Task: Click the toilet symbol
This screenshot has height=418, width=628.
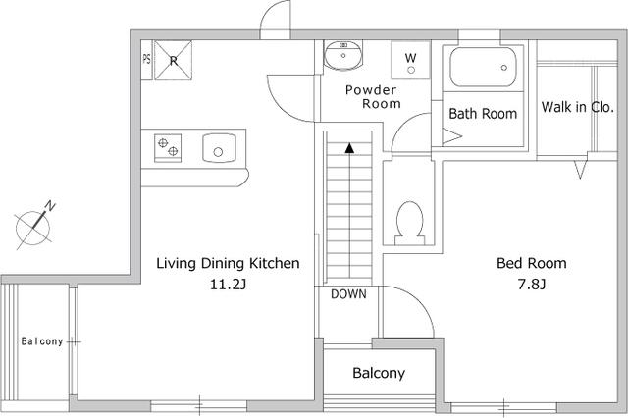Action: coord(410,224)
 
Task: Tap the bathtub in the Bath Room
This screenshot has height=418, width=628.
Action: coord(483,67)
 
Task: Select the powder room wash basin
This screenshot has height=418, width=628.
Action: coord(343,55)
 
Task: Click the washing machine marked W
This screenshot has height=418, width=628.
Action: coord(410,60)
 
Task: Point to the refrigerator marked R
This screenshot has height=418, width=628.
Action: coord(173,60)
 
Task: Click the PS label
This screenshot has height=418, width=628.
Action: coord(146,59)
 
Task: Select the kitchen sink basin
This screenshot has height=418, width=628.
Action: coord(219,148)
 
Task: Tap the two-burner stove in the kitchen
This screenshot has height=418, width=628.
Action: coord(168,148)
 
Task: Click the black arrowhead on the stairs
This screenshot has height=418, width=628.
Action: coord(349,148)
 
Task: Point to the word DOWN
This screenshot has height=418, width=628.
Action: coord(348,294)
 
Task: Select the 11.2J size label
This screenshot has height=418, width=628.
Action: coord(228,285)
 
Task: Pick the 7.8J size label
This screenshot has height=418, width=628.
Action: coord(532,285)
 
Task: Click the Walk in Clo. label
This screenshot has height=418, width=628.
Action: coord(578,107)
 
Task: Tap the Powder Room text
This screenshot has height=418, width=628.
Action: coord(373,97)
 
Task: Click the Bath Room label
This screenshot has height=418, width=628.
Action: coord(483,114)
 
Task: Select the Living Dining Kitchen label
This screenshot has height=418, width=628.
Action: coord(228,263)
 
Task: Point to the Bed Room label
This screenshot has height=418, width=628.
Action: coord(532,263)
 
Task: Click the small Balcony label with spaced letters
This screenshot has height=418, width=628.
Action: coord(42,341)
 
